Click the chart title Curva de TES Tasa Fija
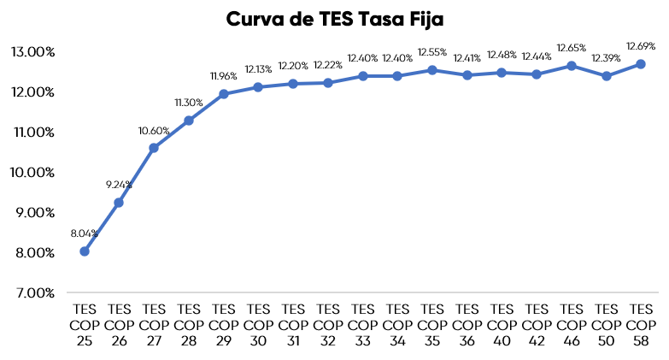[x=335, y=19]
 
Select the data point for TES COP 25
[x=85, y=251]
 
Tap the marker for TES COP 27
[x=154, y=148]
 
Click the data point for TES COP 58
[x=641, y=64]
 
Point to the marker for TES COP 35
[x=432, y=70]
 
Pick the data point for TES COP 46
[x=572, y=65]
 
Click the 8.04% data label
[x=85, y=233]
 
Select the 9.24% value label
[x=119, y=184]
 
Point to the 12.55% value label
[x=432, y=52]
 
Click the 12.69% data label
[x=641, y=46]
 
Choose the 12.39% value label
[x=607, y=57]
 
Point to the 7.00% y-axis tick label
[x=33, y=293]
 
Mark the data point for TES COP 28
[x=189, y=121]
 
